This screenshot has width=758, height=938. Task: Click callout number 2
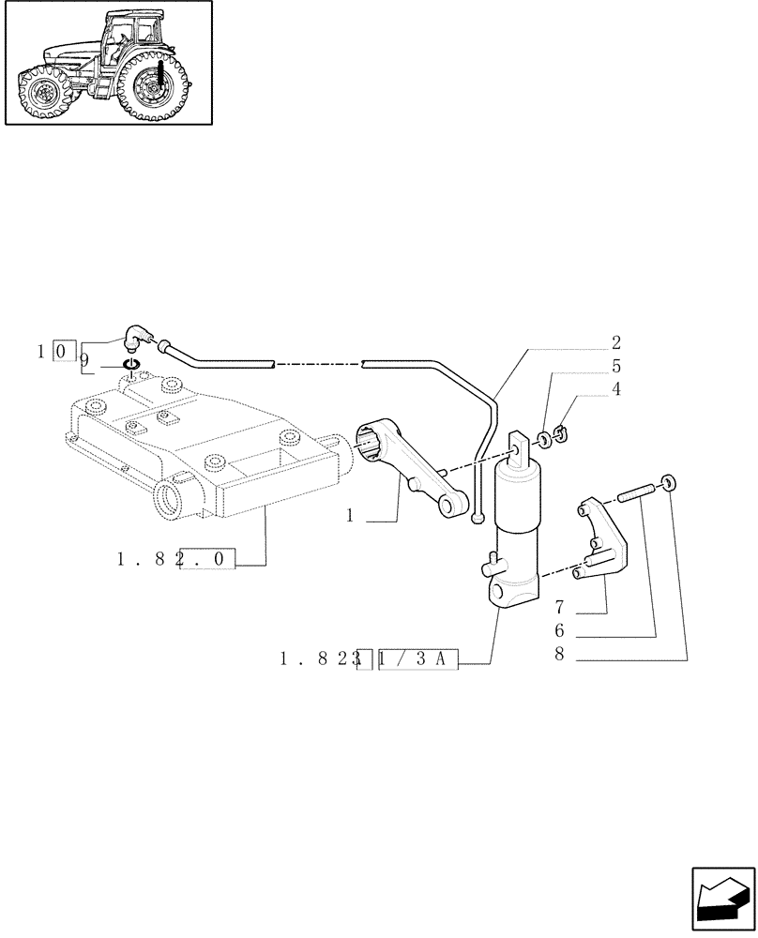point(615,342)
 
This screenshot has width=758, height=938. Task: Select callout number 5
point(615,366)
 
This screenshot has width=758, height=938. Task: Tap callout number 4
point(615,388)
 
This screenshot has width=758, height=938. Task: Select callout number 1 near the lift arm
point(350,516)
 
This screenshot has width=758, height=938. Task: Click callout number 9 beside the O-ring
point(83,359)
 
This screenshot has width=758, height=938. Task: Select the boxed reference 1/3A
point(417,660)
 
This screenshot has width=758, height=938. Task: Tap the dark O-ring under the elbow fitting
point(131,364)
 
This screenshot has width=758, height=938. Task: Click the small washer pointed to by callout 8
point(667,483)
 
